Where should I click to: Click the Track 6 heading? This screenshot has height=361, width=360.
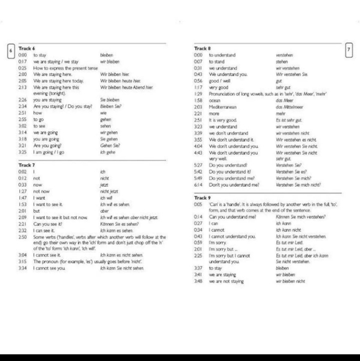click(x=27, y=49)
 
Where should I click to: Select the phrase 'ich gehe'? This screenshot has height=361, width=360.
click(x=108, y=152)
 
